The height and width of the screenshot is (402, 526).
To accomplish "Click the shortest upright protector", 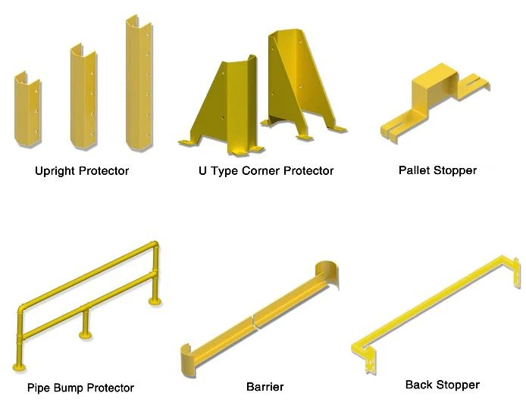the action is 27,111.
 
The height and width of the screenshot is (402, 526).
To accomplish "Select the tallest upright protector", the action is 139,84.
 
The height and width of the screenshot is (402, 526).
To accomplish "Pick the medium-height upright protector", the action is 83,97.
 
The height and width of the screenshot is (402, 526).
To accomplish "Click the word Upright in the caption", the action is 55,171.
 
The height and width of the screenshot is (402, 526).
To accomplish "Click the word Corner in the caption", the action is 261,171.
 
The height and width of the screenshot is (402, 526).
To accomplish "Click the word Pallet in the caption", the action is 415,170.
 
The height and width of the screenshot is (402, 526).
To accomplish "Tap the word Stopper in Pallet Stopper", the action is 455,171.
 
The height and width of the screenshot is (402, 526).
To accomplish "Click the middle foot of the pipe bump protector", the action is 86,335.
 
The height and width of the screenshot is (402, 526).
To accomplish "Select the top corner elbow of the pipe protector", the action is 155,245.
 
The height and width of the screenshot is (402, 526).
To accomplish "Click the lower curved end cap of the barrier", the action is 188,360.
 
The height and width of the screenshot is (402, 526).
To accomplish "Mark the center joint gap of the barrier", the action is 254,322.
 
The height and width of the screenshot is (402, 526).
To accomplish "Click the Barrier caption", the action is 265,387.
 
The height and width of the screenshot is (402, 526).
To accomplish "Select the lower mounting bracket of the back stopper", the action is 370,360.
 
